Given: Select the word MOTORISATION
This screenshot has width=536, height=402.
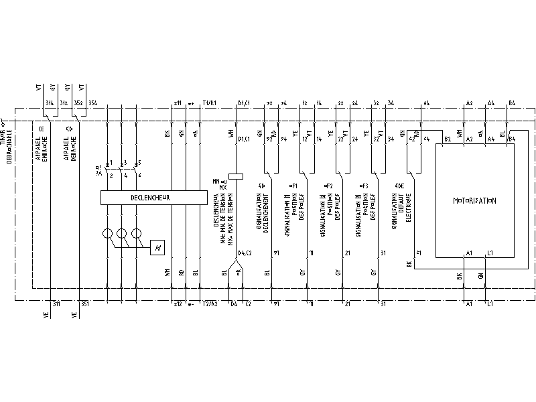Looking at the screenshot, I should pos(474,200).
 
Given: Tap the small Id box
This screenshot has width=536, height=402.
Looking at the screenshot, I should pos(157,248).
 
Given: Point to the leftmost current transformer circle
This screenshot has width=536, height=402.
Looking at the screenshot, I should pos(107,234).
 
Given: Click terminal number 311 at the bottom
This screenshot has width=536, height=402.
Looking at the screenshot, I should pos(56,304).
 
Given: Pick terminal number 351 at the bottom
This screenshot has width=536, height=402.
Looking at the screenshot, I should pos(84,304).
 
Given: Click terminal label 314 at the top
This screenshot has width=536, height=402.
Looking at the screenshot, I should pos(50,103).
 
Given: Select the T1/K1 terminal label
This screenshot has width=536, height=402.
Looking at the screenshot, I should pos(210,103).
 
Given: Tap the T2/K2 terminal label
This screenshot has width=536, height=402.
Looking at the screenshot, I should pos(209,304).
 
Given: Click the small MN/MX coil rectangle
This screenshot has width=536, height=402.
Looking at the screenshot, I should pos(234,178).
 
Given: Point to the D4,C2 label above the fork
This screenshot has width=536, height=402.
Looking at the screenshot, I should pos(245,253).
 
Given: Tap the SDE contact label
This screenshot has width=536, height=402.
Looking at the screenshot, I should pos(399,185).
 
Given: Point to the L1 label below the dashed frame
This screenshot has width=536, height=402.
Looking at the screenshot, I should pos(490,304).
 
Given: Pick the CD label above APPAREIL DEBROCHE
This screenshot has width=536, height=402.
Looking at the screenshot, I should pos(70,128).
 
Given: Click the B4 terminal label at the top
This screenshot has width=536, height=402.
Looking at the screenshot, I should pos(512,103).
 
